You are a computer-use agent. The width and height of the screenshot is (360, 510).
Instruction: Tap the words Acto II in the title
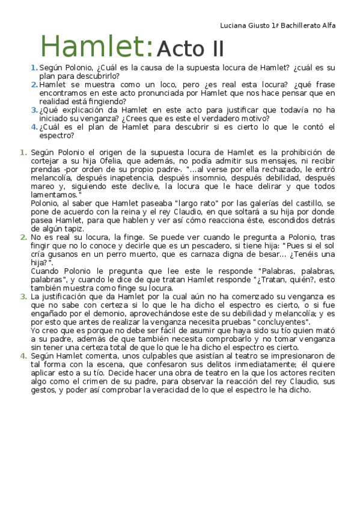coord(190,48)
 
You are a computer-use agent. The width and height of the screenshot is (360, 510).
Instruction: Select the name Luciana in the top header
coord(234,25)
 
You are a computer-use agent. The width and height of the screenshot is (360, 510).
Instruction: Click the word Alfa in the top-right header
coord(329,25)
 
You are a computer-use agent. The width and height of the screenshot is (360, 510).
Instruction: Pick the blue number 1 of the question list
coord(34,67)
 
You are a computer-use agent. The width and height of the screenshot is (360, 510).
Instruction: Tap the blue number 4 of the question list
coord(34,127)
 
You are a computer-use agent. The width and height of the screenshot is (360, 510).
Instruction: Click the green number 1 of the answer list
coord(23,153)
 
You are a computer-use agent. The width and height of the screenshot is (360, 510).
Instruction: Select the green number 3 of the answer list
coord(23,297)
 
